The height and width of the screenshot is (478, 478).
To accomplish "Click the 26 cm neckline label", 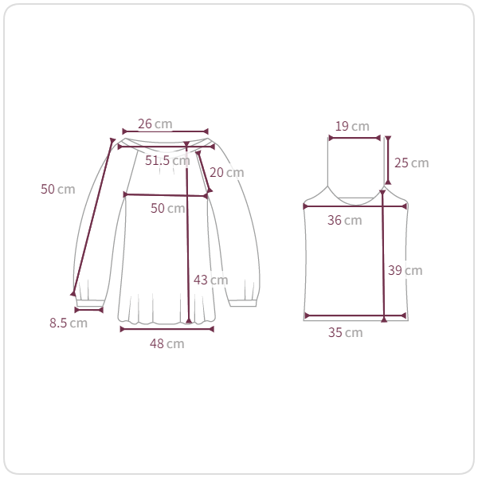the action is (x=155, y=123).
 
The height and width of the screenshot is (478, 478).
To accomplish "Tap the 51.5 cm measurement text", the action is (x=167, y=160).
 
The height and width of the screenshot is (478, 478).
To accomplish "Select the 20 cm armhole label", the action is (x=227, y=173).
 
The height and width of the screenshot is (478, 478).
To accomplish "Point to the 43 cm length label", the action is (x=210, y=280).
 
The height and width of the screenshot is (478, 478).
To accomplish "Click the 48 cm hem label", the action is (x=167, y=343).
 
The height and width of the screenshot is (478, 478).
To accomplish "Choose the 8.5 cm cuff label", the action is (x=69, y=323).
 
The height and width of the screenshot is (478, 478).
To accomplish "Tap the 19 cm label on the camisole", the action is (x=352, y=126).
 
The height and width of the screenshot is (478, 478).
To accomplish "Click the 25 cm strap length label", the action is (x=412, y=163).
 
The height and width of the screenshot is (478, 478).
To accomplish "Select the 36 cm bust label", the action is (x=345, y=220).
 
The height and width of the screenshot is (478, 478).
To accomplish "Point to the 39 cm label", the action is (x=406, y=270).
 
